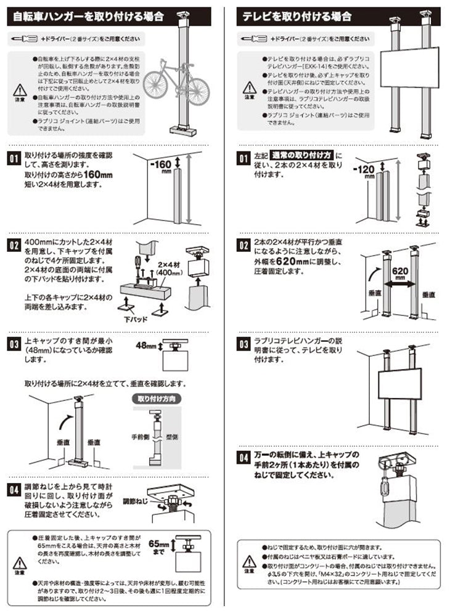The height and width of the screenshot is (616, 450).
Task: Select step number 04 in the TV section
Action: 244,457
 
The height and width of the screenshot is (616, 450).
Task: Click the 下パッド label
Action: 137,320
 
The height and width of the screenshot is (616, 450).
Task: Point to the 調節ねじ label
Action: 134,500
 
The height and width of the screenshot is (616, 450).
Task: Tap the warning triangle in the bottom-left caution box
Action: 20,563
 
